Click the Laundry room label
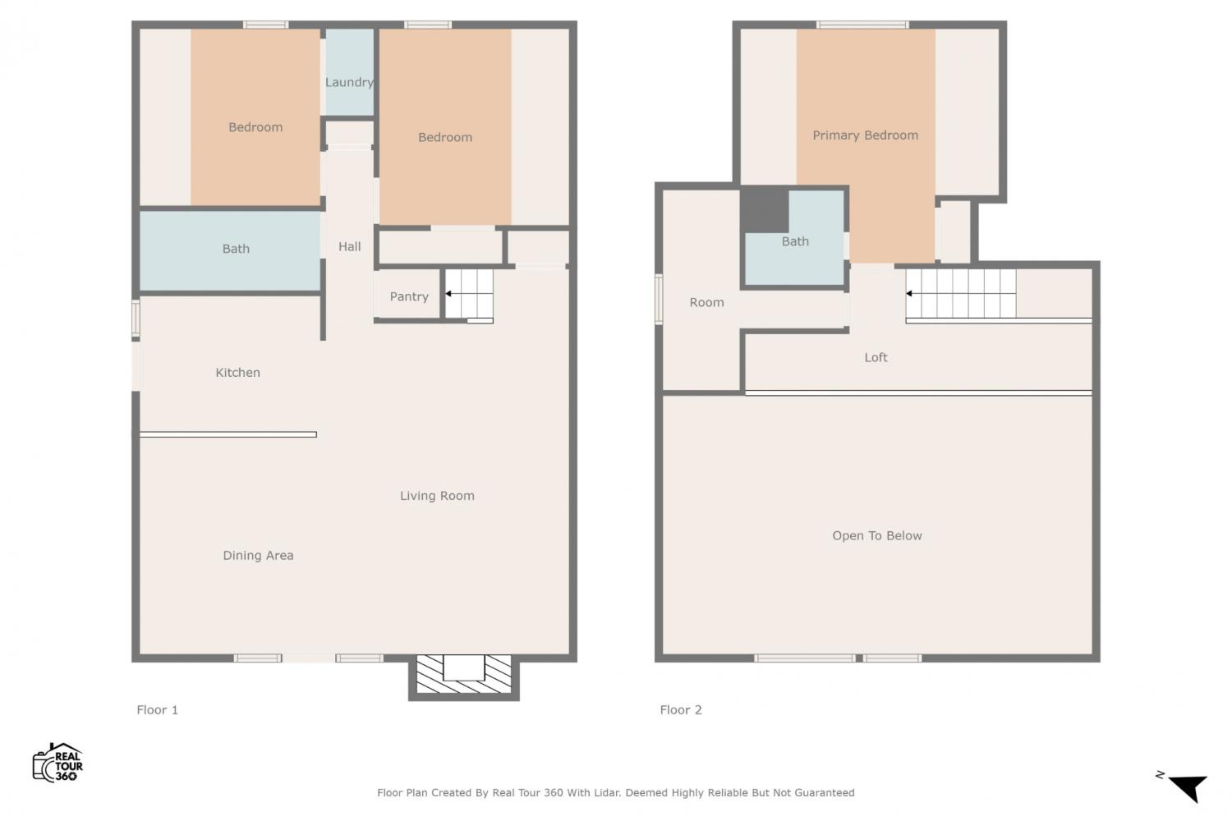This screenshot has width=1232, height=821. (349, 82)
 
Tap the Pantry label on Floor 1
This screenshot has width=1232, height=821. (409, 297)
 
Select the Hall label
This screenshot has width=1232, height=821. (349, 246)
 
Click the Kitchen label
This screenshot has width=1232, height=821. (237, 372)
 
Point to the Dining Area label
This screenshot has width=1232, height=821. (258, 555)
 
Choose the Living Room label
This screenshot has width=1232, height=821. (437, 496)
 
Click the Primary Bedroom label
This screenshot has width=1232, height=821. (865, 135)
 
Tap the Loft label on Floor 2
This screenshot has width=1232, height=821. (876, 357)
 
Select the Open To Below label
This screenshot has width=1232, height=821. (876, 535)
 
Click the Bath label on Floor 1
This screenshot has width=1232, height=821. (236, 249)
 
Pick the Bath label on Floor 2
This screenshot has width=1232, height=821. (795, 241)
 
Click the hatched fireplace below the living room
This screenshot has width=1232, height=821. (464, 674)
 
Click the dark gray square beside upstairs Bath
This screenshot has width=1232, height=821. (765, 211)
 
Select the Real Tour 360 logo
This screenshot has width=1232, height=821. (57, 762)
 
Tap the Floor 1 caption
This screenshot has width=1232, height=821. (158, 710)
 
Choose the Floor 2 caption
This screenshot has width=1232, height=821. (681, 710)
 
